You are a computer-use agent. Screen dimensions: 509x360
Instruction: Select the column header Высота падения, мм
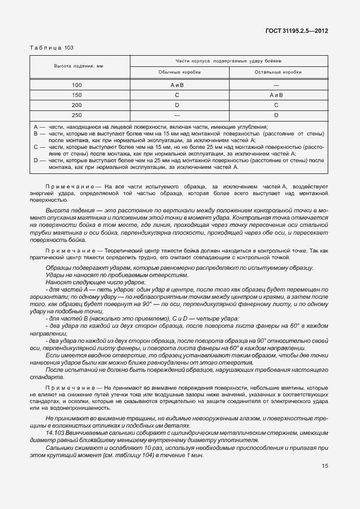click(79, 66)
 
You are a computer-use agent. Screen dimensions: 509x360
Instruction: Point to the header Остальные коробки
click(278, 72)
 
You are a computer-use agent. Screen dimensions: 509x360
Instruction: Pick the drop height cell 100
click(77, 85)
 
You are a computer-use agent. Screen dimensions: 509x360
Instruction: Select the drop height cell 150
click(77, 95)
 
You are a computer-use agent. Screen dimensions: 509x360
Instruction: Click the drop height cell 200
click(77, 105)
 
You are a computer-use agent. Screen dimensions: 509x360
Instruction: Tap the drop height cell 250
click(77, 115)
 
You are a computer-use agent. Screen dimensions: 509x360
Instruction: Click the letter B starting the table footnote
click(36, 134)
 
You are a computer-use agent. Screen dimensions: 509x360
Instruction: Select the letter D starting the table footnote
click(36, 160)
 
